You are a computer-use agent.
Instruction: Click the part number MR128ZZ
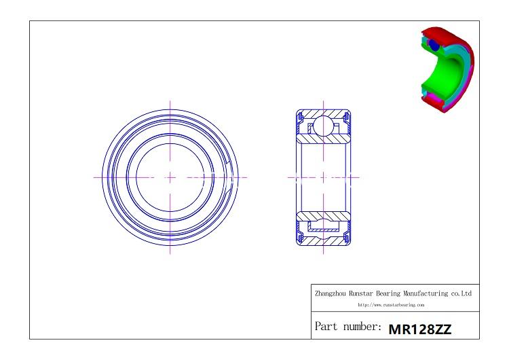pyautogui.click(x=419, y=329)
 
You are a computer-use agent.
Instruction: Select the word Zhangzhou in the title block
pyautogui.click(x=330, y=293)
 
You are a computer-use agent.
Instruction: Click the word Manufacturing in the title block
pyautogui.click(x=430, y=293)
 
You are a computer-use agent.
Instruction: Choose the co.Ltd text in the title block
pyautogui.click(x=462, y=293)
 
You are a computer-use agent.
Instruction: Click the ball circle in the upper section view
pyautogui.click(x=322, y=125)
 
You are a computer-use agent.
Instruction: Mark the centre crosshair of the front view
pyautogui.click(x=170, y=177)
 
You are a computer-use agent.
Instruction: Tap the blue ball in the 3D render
pyautogui.click(x=432, y=45)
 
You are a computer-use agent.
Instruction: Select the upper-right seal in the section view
pyautogui.click(x=348, y=120)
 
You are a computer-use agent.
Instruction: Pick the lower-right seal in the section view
pyautogui.click(x=348, y=234)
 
